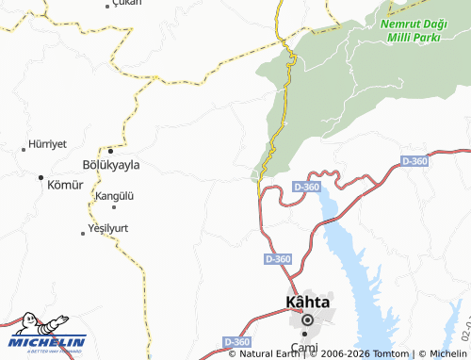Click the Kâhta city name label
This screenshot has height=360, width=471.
click(307, 303)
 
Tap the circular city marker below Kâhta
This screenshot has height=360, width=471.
click(307, 321)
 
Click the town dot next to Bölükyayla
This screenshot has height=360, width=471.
click(110, 150)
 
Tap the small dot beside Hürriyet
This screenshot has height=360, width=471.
click(24, 149)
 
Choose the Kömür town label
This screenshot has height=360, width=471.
click(65, 185)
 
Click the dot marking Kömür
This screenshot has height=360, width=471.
click(41, 176)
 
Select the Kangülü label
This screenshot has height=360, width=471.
click(115, 196)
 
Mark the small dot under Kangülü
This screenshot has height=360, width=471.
click(114, 206)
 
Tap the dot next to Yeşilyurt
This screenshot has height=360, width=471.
click(83, 232)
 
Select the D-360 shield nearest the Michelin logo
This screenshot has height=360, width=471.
click(237, 341)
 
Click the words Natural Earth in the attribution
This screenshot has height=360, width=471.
click(268, 353)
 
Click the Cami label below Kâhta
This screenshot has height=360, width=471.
click(303, 349)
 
